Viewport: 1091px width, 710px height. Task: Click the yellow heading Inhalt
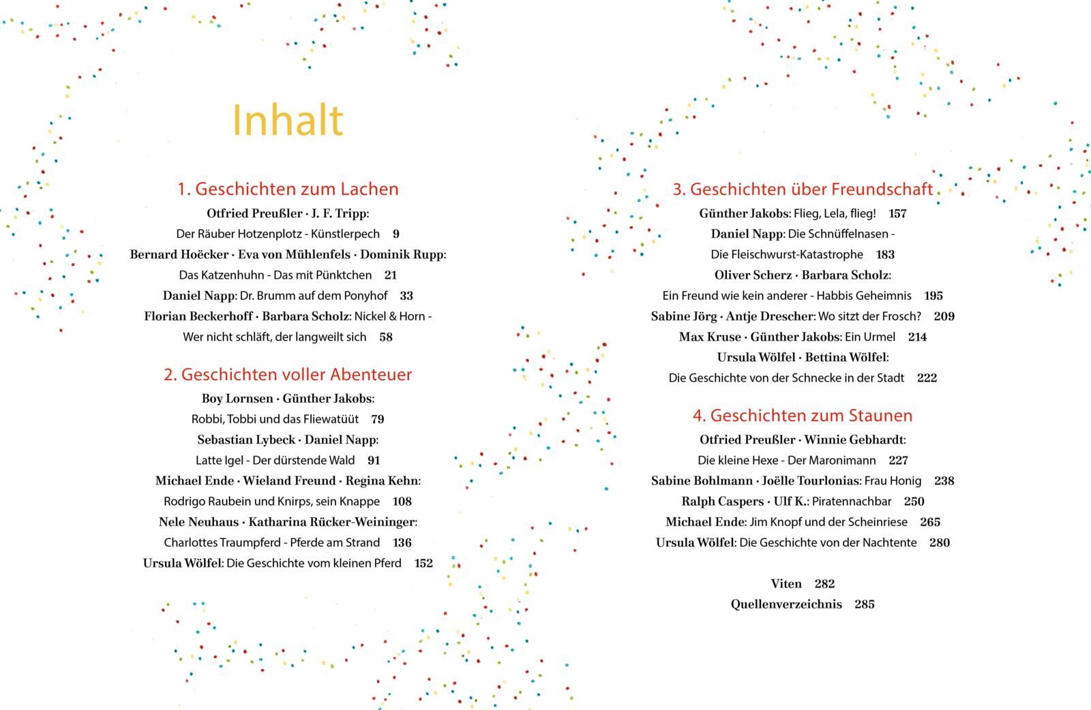tap(287, 121)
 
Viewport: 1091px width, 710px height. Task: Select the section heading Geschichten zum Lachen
tap(288, 189)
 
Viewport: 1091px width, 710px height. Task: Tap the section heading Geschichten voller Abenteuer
tap(288, 374)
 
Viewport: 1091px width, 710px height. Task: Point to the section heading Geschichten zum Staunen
tap(803, 415)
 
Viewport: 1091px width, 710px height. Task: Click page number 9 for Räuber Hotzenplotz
tap(396, 234)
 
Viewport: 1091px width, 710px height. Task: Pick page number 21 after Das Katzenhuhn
tap(390, 275)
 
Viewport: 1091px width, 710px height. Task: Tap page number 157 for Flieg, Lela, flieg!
tap(898, 213)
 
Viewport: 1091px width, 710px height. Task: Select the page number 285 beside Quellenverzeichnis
tap(864, 604)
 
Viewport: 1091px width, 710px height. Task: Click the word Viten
tap(786, 584)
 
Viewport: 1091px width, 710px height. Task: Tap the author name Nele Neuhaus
tap(198, 522)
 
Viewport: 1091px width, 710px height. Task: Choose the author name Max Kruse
tap(709, 337)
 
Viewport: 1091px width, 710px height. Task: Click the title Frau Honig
tap(893, 481)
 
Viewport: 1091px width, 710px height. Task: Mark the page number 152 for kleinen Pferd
tap(423, 564)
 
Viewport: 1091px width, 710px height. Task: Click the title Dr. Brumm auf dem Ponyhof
tap(314, 296)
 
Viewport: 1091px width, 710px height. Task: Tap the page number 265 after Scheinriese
tap(930, 522)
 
